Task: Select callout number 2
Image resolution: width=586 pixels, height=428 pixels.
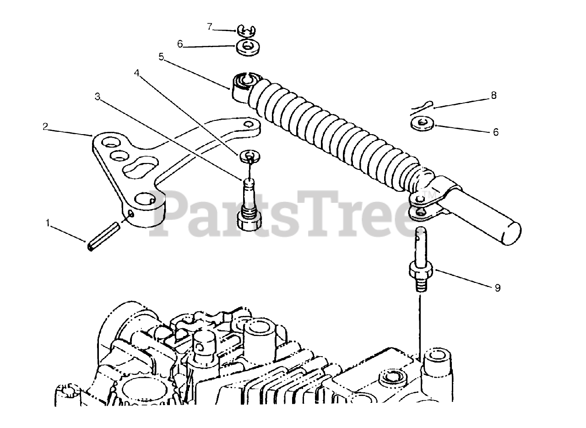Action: coord(44,126)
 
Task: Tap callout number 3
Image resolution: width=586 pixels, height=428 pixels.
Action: coord(97,97)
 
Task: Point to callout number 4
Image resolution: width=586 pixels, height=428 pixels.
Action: coord(136,72)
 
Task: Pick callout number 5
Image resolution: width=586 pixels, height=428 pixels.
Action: coord(161,57)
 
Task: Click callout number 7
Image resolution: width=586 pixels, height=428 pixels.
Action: coord(210,27)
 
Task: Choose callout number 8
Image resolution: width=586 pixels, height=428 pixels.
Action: coord(493,96)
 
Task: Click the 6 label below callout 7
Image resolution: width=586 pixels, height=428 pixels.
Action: coord(180,44)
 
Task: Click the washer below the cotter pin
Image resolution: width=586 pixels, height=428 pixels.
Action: coord(419,123)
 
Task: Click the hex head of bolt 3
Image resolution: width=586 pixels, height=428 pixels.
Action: coord(250,222)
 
